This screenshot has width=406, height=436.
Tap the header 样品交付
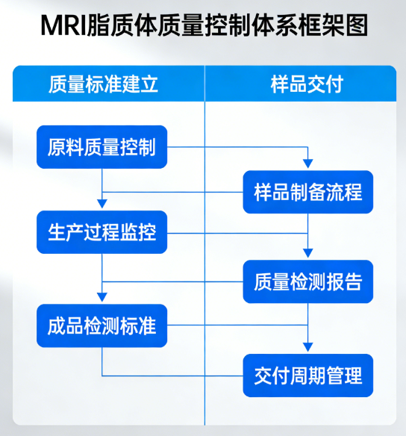[306, 83]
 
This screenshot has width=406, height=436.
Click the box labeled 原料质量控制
[102, 147]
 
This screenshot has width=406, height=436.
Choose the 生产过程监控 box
[102, 232]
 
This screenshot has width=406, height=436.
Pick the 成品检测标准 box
[102, 326]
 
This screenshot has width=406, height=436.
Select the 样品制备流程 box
[307, 192]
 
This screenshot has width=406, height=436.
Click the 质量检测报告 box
[307, 281]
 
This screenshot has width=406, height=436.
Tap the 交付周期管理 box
[307, 375]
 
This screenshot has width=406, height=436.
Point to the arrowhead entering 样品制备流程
[307, 166]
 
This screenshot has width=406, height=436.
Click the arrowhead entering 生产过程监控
[102, 205]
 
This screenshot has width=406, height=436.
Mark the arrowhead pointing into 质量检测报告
[307, 255]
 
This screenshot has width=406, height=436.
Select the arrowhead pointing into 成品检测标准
[102, 298]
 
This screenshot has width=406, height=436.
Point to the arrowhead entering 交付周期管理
[307, 348]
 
